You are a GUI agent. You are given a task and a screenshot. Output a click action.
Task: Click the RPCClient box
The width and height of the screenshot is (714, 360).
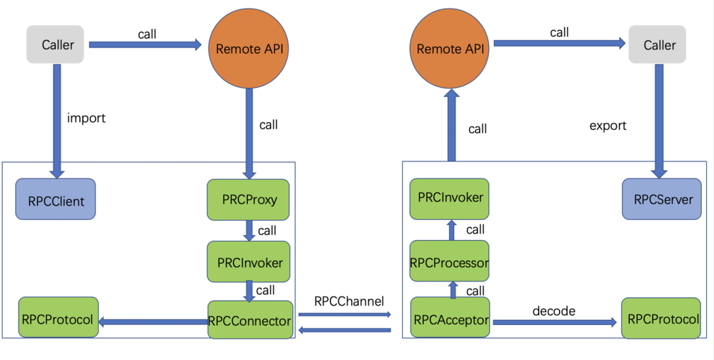[56, 201]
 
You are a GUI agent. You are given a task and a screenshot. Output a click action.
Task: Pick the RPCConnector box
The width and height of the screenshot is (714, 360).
[250, 321]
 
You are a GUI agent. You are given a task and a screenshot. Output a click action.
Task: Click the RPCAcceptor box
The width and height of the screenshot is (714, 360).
[451, 321]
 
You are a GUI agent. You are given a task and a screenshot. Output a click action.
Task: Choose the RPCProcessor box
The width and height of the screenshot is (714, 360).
[450, 262]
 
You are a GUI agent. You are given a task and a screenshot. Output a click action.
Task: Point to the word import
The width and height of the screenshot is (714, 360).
[86, 119]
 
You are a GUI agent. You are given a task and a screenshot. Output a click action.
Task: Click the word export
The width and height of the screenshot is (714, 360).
[608, 126]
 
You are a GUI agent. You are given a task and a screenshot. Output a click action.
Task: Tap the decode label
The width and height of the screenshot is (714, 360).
[554, 311]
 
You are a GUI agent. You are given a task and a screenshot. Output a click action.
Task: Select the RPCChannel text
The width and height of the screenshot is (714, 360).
[349, 301]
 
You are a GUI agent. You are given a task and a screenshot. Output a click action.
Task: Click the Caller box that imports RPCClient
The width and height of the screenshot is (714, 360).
[58, 45]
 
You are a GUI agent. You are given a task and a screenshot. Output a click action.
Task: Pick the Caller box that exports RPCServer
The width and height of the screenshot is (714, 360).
[659, 45]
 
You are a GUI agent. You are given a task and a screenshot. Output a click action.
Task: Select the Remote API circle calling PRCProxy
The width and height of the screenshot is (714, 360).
[248, 49]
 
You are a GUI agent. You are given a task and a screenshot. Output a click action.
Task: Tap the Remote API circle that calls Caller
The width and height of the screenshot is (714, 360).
[450, 49]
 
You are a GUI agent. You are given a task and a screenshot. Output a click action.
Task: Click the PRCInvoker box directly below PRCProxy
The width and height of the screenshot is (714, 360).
[249, 262]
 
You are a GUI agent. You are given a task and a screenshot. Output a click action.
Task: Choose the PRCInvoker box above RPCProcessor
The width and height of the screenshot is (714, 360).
[450, 198]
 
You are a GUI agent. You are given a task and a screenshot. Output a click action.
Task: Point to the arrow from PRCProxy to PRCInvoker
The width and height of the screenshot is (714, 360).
[249, 231]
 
